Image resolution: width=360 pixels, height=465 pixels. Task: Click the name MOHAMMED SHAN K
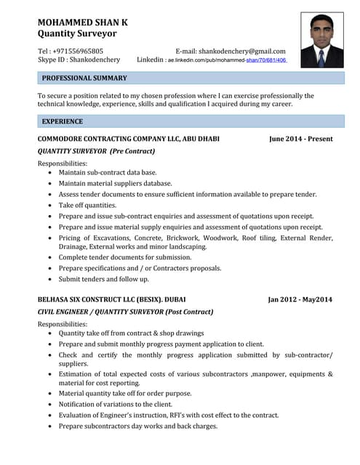tap(82, 22)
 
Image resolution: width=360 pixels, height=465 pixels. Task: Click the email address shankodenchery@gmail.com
tap(241, 51)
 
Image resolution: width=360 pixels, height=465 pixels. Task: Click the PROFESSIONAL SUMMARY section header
tap(84, 78)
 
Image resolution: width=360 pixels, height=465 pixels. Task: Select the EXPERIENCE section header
tap(63, 121)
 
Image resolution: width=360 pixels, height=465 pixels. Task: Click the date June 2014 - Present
tap(300, 139)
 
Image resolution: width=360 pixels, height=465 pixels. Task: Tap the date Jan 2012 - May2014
tap(300, 299)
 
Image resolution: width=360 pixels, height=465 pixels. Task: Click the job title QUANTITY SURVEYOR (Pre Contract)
tap(96, 151)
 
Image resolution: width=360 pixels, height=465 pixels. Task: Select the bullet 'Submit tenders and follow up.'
tap(103, 279)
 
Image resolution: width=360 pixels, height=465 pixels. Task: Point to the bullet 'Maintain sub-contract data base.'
tap(108, 173)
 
